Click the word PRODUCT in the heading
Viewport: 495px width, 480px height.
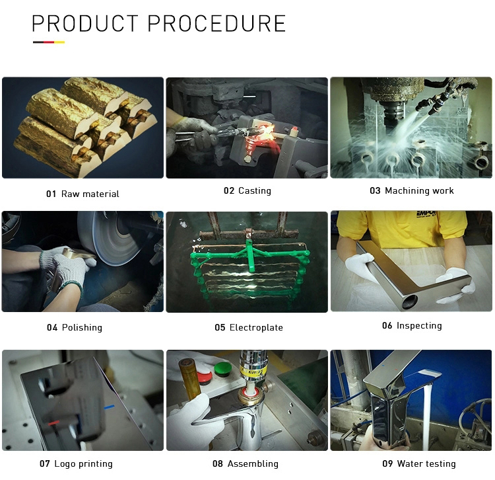85,23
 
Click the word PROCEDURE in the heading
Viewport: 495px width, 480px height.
217,23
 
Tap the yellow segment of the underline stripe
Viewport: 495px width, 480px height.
59,42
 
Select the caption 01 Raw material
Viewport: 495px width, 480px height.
82,194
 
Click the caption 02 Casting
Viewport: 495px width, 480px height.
247,190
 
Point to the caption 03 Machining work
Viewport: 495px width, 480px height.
412,190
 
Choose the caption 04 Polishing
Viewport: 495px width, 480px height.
75,327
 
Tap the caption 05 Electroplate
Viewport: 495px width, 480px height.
249,327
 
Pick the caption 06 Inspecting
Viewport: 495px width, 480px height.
412,326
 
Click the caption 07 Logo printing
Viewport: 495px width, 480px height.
76,464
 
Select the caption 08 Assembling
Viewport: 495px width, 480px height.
246,464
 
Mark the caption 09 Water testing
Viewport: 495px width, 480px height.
419,464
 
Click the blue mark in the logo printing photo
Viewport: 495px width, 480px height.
109,407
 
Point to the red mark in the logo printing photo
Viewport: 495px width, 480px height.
54,422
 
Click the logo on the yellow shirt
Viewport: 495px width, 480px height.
426,214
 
